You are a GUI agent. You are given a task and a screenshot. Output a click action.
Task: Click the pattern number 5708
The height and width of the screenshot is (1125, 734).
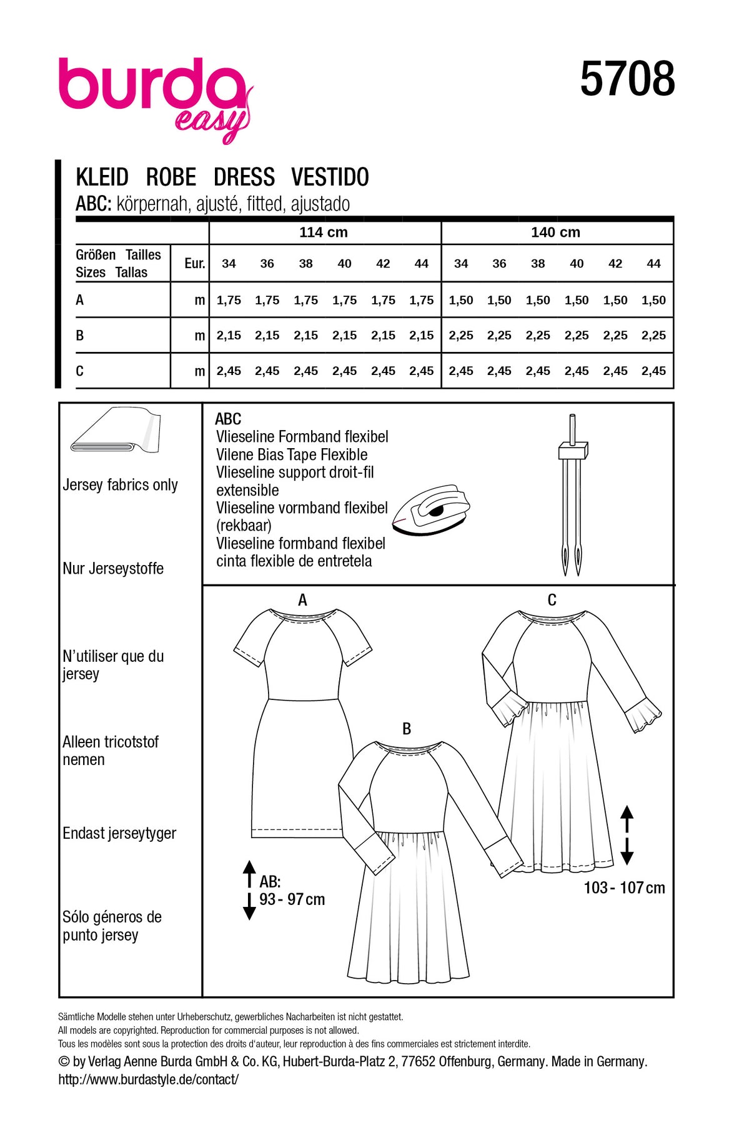pyautogui.click(x=627, y=79)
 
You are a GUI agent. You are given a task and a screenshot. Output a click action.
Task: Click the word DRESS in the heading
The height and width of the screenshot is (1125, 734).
pyautogui.click(x=244, y=177)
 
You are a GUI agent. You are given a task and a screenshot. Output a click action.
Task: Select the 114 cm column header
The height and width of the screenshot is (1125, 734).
pyautogui.click(x=324, y=232)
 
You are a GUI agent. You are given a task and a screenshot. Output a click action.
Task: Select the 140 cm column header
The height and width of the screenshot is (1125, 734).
pyautogui.click(x=555, y=232)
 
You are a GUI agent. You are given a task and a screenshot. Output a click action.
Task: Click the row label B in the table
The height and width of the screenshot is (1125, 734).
pyautogui.click(x=80, y=336)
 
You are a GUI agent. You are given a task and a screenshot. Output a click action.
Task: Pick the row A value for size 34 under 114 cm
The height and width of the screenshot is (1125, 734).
pyautogui.click(x=229, y=301)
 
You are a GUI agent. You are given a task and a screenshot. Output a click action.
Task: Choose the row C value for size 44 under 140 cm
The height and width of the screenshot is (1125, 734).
pyautogui.click(x=653, y=371)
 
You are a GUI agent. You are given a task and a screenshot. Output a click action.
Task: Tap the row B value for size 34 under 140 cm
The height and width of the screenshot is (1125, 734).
pyautogui.click(x=461, y=336)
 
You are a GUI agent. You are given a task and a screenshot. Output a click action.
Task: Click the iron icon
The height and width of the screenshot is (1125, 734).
pyautogui.click(x=432, y=507)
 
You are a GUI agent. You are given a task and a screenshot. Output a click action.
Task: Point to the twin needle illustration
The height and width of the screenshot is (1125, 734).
pyautogui.click(x=573, y=494)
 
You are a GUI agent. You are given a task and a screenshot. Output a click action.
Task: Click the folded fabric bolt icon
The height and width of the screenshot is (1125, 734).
pyautogui.click(x=116, y=431)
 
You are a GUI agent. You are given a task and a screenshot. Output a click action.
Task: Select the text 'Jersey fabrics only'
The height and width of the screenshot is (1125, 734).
pyautogui.click(x=121, y=485)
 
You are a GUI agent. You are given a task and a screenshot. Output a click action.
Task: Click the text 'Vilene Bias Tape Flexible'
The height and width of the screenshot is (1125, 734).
pyautogui.click(x=292, y=455)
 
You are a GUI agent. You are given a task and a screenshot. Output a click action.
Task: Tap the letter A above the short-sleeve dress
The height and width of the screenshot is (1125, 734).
pyautogui.click(x=302, y=601)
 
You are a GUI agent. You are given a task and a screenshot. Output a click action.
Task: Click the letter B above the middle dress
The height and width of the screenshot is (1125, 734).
pyautogui.click(x=407, y=729)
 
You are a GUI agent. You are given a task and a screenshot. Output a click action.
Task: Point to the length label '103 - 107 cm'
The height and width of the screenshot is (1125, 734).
pyautogui.click(x=624, y=888)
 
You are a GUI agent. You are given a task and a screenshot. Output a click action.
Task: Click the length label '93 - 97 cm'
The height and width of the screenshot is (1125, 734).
pyautogui.click(x=292, y=900)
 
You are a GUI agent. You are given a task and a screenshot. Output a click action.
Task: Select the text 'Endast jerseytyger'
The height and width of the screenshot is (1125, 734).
pyautogui.click(x=119, y=834)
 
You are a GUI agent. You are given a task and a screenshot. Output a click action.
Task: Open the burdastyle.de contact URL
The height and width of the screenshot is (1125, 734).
pyautogui.click(x=149, y=1079)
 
